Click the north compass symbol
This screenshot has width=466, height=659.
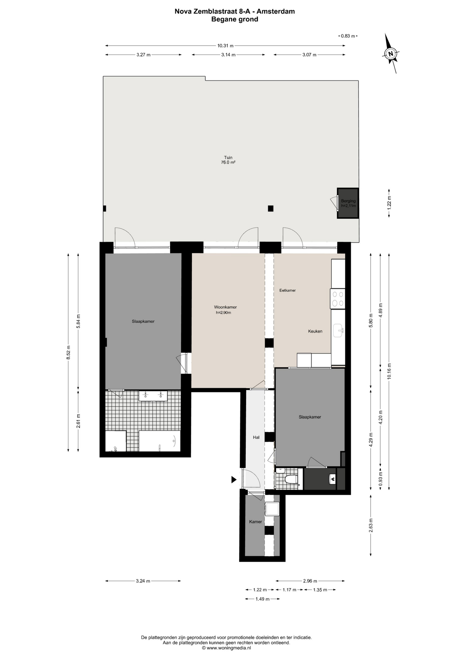[391, 54]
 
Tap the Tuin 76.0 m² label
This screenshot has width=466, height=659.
[228, 160]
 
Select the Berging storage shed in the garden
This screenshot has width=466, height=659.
[348, 203]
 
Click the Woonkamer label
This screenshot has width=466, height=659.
[225, 307]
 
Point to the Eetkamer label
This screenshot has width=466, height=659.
[288, 290]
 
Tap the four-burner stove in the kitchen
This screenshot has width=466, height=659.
[338, 299]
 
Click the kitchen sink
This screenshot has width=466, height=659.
[338, 330]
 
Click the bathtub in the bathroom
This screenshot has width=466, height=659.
[160, 441]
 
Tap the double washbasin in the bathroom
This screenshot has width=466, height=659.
[153, 396]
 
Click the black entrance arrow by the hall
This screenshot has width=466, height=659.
[234, 479]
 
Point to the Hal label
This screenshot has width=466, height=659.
[256, 437]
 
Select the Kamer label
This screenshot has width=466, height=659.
[255, 522]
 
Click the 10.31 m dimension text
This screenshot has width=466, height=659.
[225, 46]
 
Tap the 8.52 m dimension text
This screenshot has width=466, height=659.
[68, 352]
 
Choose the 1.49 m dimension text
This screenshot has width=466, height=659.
[263, 599]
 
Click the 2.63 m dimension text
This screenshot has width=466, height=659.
[371, 525]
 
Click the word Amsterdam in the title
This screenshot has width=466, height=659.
[276, 11]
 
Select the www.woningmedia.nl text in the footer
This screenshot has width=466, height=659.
[229, 648]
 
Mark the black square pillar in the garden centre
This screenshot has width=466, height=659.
[271, 208]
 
